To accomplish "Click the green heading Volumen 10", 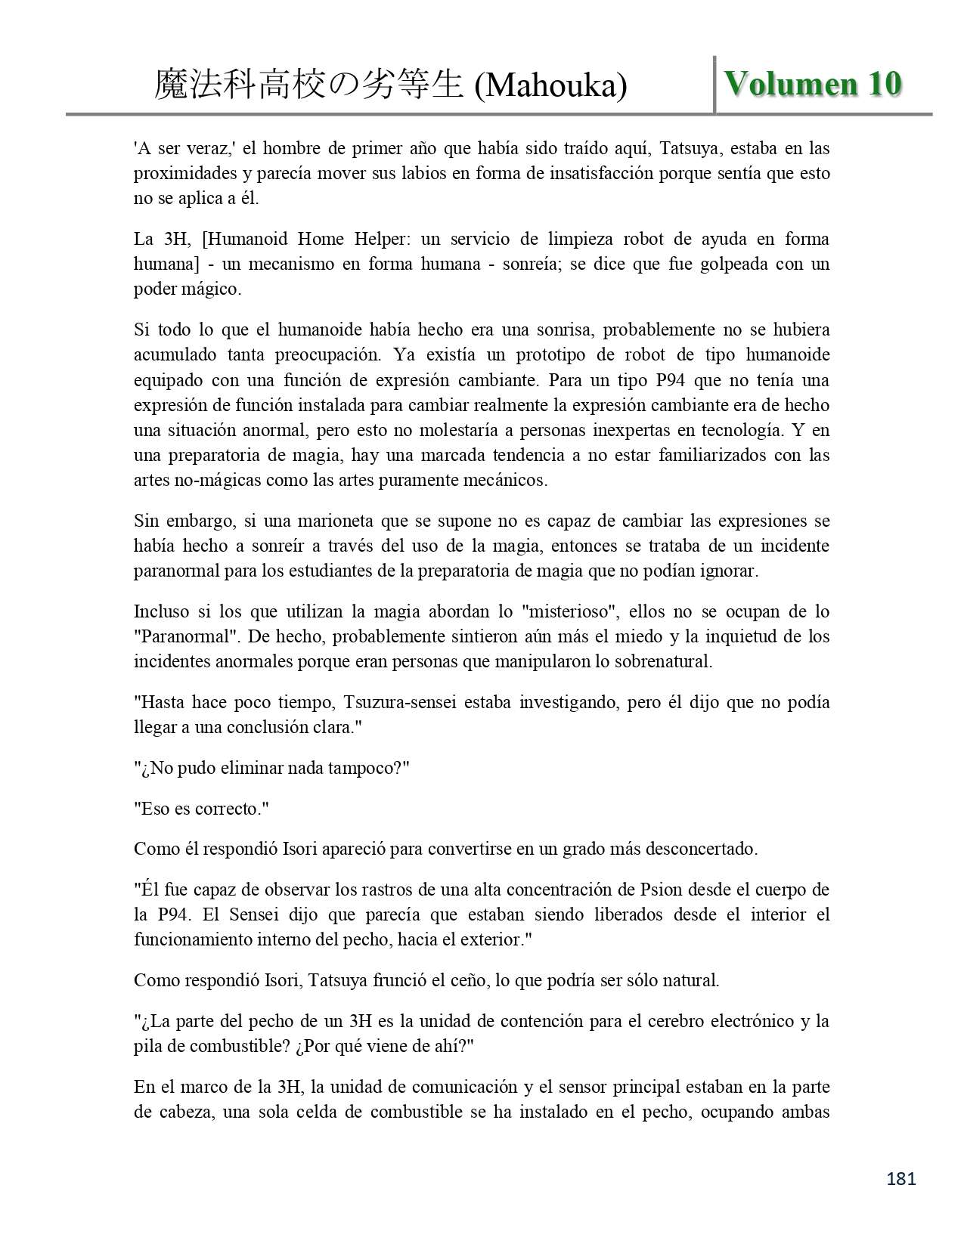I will point(813,84).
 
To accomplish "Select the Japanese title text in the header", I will point(308,85).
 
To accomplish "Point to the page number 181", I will point(900,1178).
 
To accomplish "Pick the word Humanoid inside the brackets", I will point(250,240).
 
